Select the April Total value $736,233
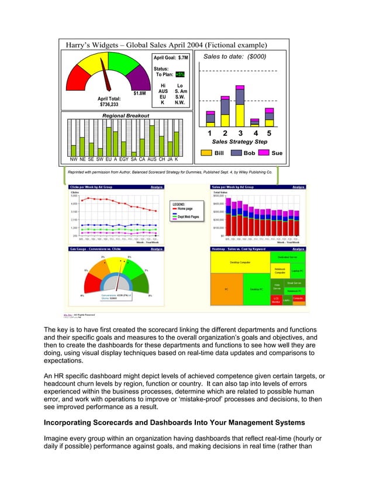pos(109,105)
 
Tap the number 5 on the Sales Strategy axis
pos(269,133)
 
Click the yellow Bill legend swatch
pos(206,153)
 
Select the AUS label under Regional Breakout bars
pos(152,159)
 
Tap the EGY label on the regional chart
pos(124,159)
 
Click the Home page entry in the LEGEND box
pos(185,209)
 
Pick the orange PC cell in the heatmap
pos(226,289)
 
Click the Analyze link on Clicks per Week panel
pos(157,187)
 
